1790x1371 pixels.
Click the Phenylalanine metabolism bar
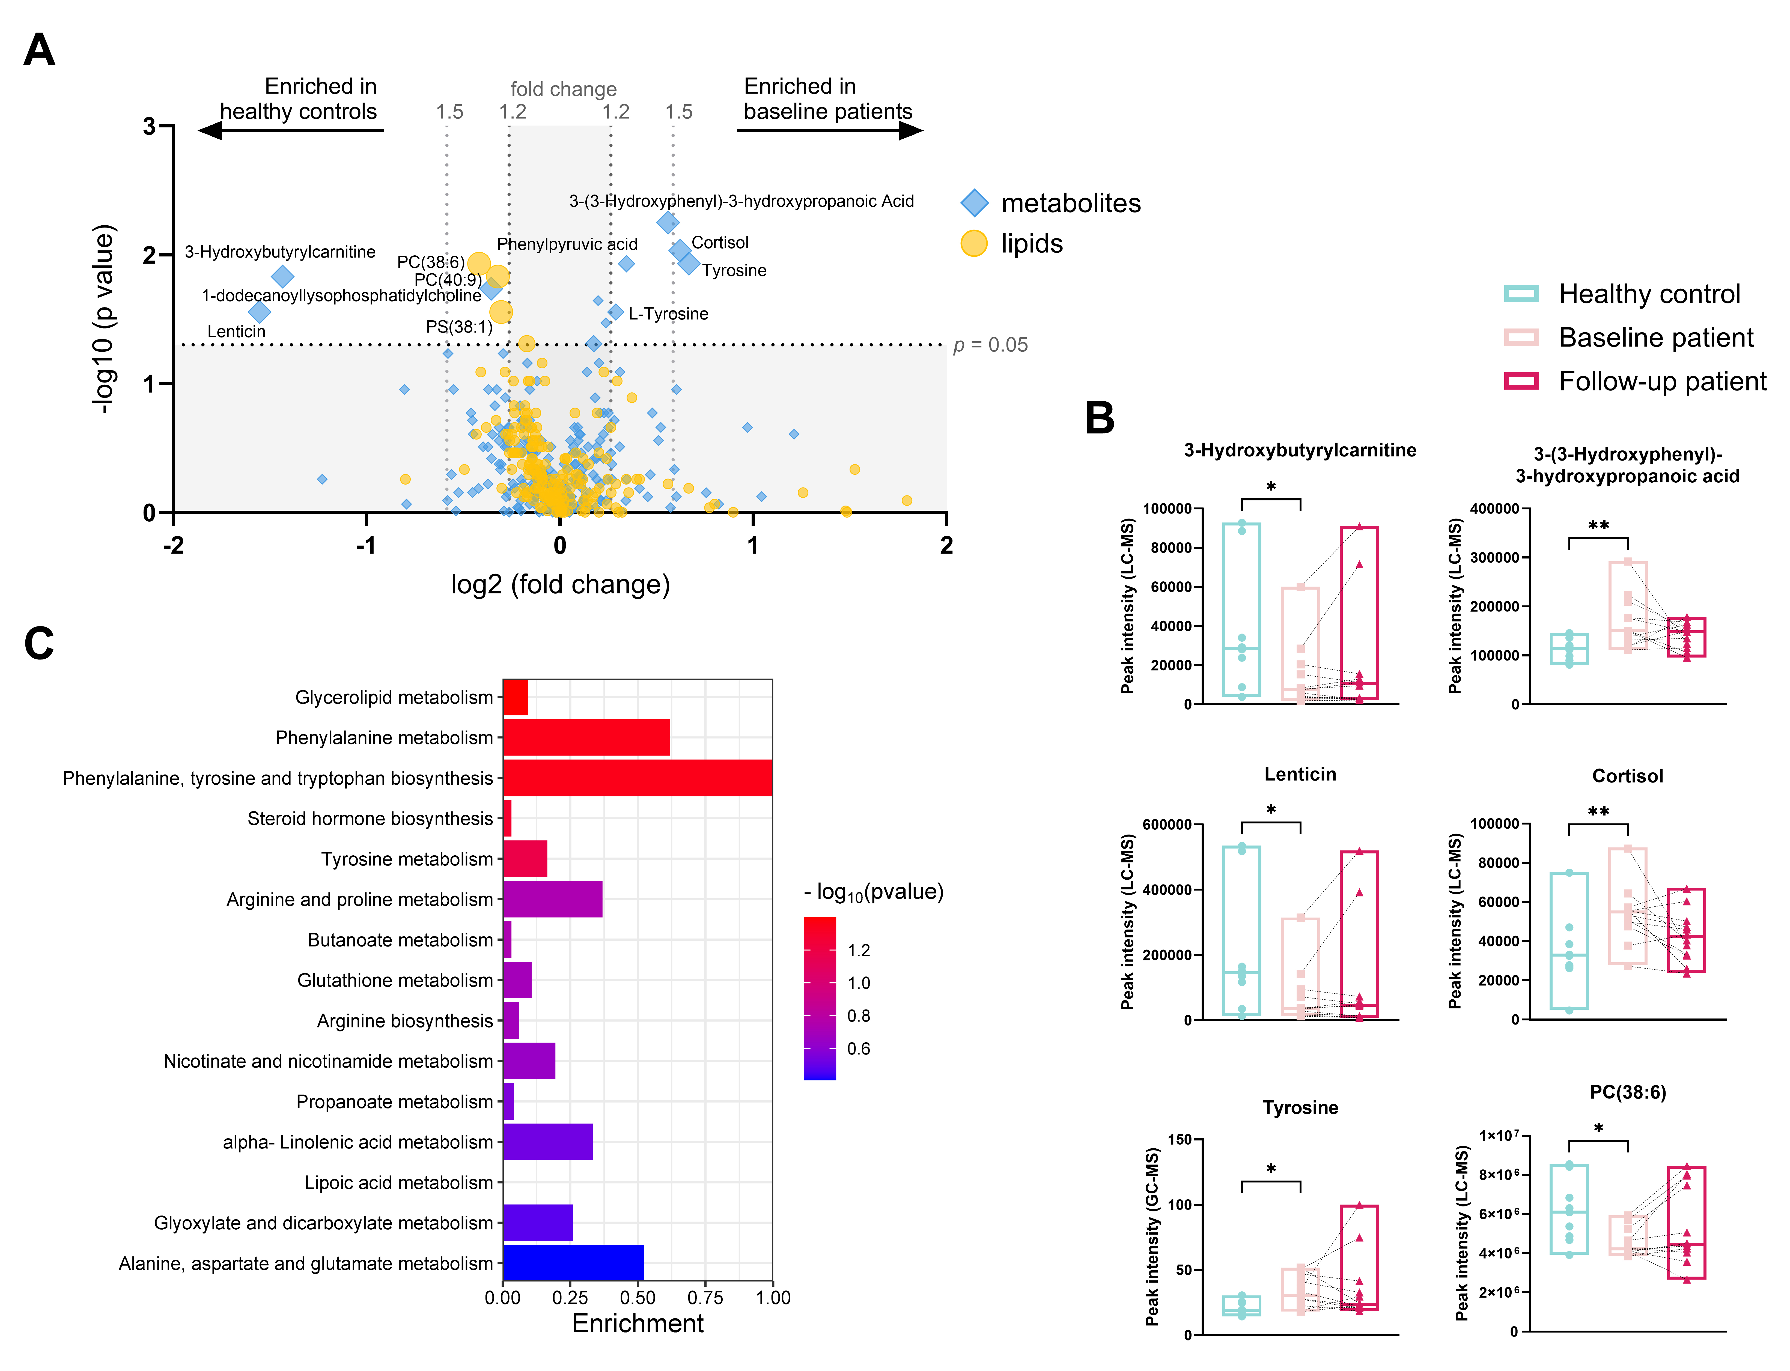(x=586, y=738)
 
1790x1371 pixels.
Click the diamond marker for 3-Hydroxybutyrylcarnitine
(x=282, y=277)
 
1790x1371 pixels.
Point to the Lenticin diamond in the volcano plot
(x=260, y=312)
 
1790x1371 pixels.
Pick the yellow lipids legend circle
(x=974, y=243)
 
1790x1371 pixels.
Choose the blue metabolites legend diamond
(x=974, y=202)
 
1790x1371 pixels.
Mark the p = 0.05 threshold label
(x=990, y=345)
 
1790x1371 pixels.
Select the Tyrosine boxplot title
(x=1300, y=1107)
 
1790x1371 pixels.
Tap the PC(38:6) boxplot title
(x=1628, y=1092)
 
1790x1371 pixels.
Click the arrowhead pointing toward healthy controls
(x=211, y=130)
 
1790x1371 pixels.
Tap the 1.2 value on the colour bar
(x=859, y=950)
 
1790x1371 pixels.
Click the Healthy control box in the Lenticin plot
(x=1241, y=930)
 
